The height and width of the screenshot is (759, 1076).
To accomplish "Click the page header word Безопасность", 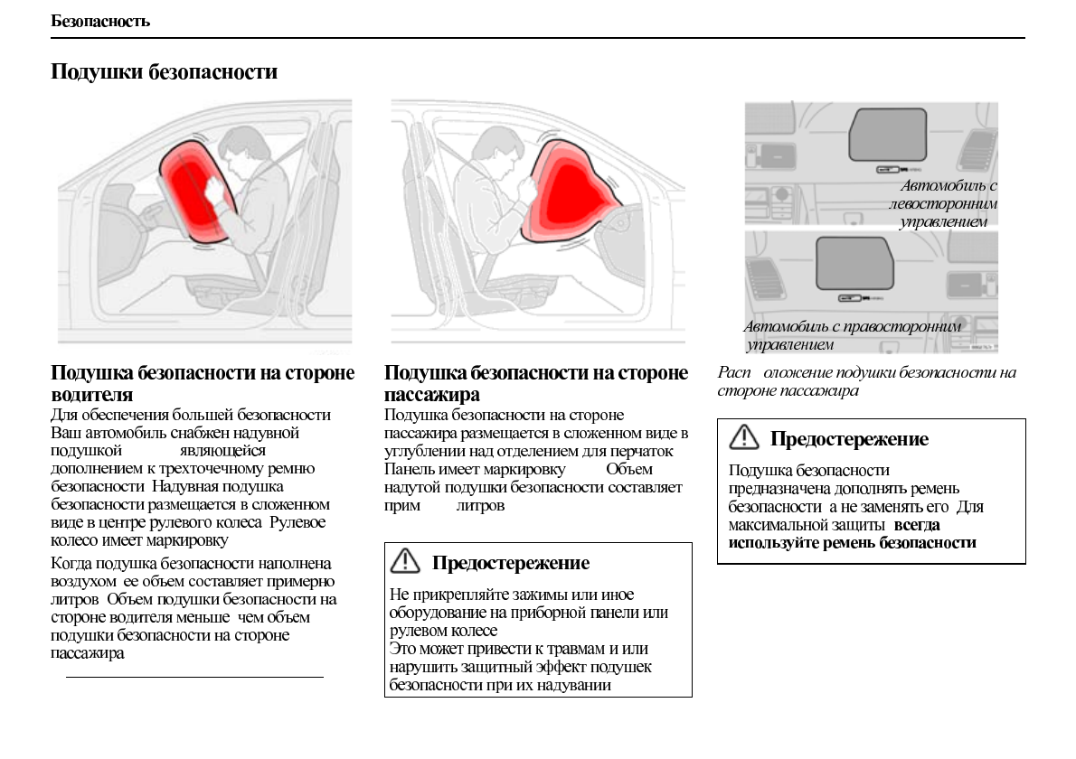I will tap(100, 21).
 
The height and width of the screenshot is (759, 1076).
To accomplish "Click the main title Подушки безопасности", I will tap(164, 71).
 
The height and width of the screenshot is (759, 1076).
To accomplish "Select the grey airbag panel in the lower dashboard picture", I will tap(854, 262).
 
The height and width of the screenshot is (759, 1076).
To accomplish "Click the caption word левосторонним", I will tap(943, 203).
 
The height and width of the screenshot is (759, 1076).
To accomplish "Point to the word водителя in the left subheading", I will tap(92, 395).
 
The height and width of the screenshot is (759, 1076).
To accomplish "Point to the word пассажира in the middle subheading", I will tap(432, 395).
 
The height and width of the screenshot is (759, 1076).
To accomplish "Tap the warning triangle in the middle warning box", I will tap(404, 562).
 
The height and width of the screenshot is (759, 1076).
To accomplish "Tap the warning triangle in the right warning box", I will tap(743, 438).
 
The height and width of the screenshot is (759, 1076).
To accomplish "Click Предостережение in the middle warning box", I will tap(510, 563).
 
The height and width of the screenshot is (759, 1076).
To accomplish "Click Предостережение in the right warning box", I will tap(849, 439).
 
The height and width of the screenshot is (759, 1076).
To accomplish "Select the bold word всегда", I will tap(917, 525).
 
